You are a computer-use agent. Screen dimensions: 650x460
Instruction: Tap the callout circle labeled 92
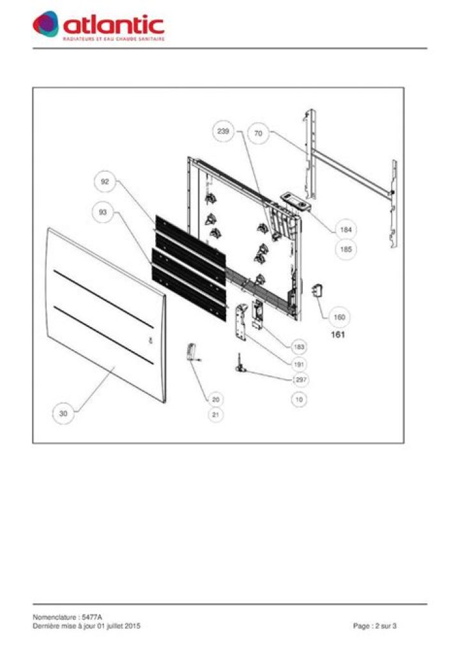pyautogui.click(x=105, y=182)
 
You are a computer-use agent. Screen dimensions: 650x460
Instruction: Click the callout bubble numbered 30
pyautogui.click(x=63, y=414)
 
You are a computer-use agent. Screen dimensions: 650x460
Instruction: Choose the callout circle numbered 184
pyautogui.click(x=346, y=229)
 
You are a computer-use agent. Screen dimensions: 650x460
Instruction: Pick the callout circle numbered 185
pyautogui.click(x=346, y=250)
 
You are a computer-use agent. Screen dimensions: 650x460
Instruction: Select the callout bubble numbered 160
pyautogui.click(x=340, y=317)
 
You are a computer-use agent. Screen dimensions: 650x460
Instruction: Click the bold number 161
pyautogui.click(x=338, y=334)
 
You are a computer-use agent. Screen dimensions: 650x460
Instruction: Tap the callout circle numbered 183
pyautogui.click(x=298, y=347)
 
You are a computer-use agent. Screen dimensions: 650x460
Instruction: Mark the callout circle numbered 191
pyautogui.click(x=298, y=363)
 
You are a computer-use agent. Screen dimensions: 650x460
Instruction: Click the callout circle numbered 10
pyautogui.click(x=298, y=400)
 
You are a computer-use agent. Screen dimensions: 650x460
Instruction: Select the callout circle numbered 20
pyautogui.click(x=216, y=399)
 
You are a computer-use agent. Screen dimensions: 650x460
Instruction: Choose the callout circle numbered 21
pyautogui.click(x=216, y=415)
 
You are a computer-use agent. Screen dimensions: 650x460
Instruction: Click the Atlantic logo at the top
pyautogui.click(x=99, y=26)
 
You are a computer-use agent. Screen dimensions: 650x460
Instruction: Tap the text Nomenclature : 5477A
pyautogui.click(x=67, y=617)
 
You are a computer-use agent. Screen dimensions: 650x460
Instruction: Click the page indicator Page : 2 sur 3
pyautogui.click(x=375, y=626)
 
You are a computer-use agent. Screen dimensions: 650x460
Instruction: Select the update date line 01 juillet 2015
pyautogui.click(x=86, y=626)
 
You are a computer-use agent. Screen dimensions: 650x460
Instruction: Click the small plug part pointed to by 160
pyautogui.click(x=316, y=291)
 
